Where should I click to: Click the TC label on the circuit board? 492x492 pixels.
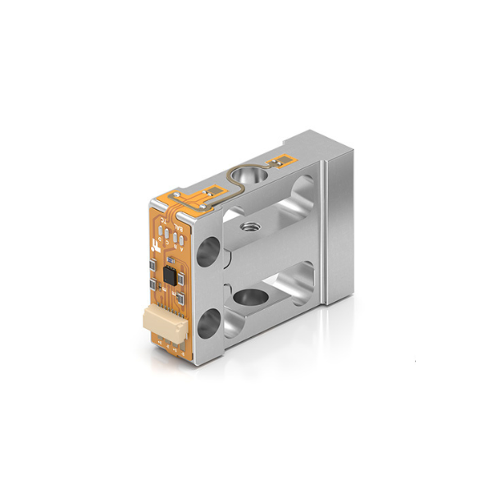[160, 221]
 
